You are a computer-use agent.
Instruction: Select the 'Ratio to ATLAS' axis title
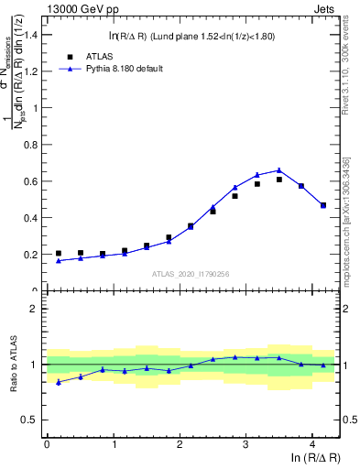[x=13, y=365]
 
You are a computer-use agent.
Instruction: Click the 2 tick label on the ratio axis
[x=37, y=309]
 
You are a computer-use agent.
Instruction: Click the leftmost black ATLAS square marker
[x=59, y=254]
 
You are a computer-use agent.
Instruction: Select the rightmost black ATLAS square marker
[x=322, y=205]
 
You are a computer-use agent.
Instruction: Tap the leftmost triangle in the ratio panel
[x=59, y=382]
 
